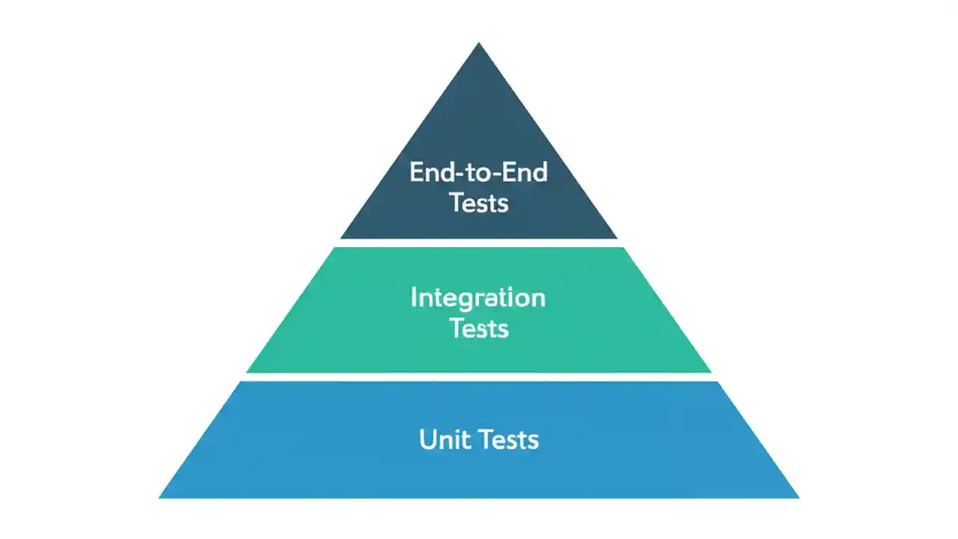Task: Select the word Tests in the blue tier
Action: (x=508, y=439)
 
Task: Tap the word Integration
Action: (x=478, y=299)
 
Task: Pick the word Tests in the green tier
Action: (x=479, y=329)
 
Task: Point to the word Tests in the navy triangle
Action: (x=479, y=203)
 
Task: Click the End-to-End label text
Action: (x=478, y=173)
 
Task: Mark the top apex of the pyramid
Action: (x=479, y=43)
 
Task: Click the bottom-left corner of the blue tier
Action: (x=160, y=497)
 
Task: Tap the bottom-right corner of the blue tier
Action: (x=798, y=497)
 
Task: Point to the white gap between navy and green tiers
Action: (x=479, y=243)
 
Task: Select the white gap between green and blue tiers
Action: (x=479, y=377)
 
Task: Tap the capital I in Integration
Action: (x=414, y=298)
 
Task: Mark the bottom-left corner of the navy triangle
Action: (x=341, y=237)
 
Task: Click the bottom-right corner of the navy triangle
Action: (x=617, y=237)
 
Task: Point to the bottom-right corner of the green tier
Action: (x=710, y=371)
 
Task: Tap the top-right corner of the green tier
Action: (x=623, y=248)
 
